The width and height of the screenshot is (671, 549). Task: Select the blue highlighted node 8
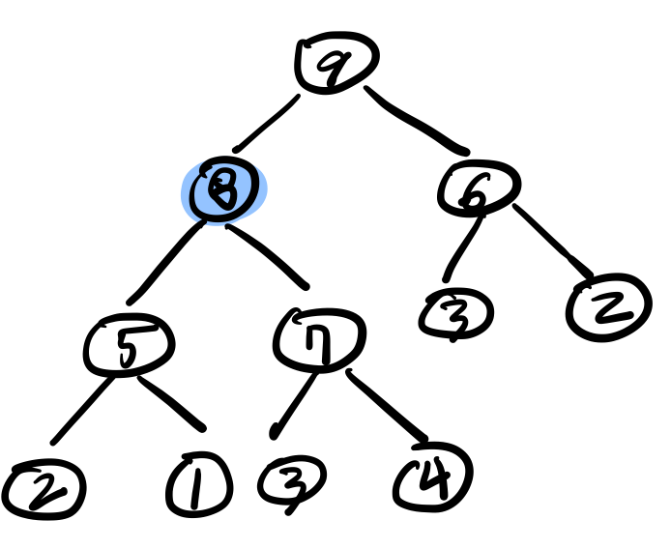click(x=225, y=188)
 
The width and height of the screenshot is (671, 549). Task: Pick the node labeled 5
click(x=128, y=345)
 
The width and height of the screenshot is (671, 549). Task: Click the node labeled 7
click(x=320, y=338)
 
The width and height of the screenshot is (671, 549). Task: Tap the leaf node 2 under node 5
click(x=44, y=491)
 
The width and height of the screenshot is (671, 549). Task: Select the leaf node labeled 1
click(x=198, y=485)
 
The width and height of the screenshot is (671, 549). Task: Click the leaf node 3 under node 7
click(x=291, y=481)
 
